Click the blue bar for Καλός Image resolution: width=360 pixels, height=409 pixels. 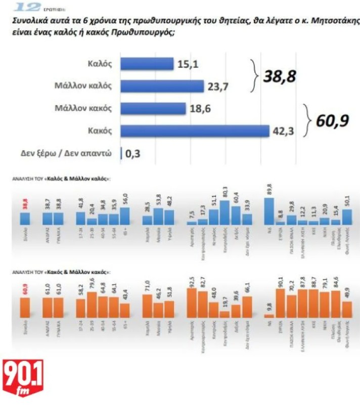coord(147,64)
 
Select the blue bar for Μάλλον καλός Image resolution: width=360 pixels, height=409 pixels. coord(162,86)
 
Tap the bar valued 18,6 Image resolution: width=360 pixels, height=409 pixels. coord(153,108)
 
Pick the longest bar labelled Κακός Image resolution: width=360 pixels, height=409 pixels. coord(195,131)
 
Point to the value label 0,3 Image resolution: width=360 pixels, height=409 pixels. coord(134,153)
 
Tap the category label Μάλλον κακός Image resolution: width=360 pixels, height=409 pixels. coord(83,108)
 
